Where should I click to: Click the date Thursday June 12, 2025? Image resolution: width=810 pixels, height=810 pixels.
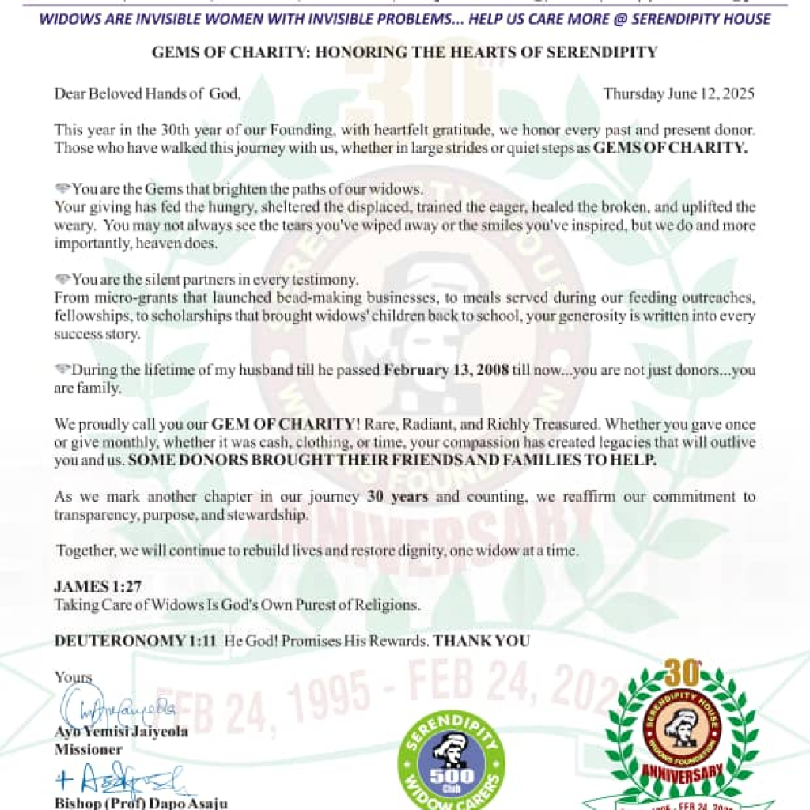click(x=679, y=93)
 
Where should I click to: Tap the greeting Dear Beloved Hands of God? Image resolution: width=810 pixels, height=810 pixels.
click(x=147, y=93)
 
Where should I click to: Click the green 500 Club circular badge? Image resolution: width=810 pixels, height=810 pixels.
click(x=451, y=763)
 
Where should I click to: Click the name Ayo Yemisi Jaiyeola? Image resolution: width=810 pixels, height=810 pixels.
click(x=121, y=732)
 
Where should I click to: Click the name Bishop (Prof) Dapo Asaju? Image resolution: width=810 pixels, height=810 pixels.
click(x=141, y=804)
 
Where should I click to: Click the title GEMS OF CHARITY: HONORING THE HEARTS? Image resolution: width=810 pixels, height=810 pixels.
click(x=404, y=53)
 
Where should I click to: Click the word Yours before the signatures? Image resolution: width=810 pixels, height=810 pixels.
click(x=73, y=677)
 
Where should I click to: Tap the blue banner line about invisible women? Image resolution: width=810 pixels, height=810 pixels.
click(x=404, y=17)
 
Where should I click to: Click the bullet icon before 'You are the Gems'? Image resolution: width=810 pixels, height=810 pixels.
click(x=62, y=190)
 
